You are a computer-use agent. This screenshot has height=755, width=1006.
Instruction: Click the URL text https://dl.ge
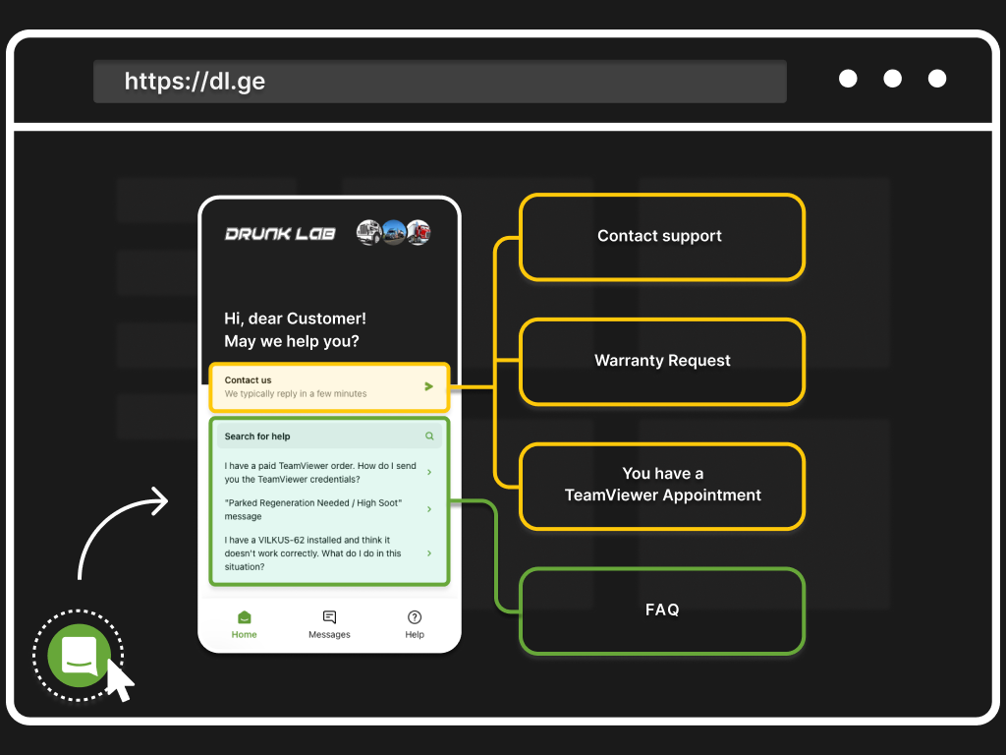pos(195,81)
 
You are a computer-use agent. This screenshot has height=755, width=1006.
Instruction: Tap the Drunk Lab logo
pos(280,234)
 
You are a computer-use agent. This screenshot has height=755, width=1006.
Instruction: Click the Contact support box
pos(661,236)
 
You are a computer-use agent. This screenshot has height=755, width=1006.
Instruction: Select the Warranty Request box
pos(661,361)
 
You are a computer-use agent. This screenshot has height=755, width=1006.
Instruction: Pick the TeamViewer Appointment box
pos(661,485)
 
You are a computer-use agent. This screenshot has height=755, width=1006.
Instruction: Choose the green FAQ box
pos(661,610)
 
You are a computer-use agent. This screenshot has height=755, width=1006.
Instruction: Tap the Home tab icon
pos(244,617)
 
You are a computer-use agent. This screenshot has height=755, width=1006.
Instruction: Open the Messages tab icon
pos(329,617)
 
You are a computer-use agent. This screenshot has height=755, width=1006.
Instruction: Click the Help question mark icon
pos(415,617)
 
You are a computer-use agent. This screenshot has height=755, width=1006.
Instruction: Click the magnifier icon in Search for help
pos(429,436)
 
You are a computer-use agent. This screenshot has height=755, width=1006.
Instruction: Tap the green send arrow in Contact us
pos(428,386)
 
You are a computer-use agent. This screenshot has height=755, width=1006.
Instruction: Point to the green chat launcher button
pos(79,654)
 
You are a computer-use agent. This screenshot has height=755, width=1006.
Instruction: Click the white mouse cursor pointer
pos(120,682)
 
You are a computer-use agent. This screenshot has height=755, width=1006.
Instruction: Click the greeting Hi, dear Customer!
pos(295,319)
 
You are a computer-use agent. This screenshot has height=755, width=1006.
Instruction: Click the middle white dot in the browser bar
pos(892,79)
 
